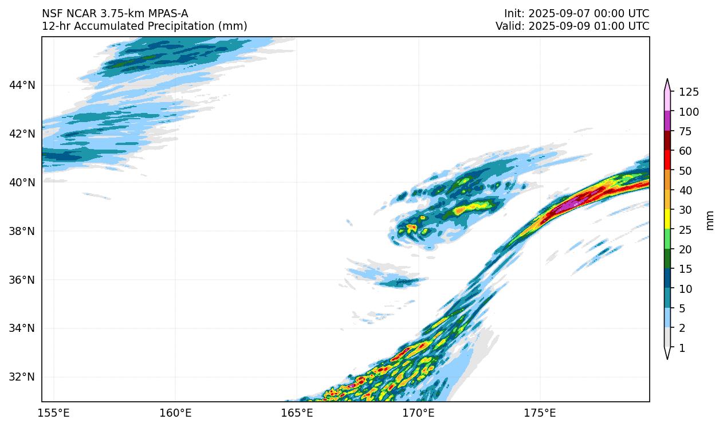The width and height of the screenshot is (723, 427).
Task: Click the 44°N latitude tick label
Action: [22, 85]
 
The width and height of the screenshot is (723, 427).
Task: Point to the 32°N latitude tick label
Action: [22, 377]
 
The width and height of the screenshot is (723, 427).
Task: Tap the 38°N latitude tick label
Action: [22, 231]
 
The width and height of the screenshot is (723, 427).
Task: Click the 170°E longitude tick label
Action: [419, 413]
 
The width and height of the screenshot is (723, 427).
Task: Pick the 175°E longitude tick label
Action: [540, 413]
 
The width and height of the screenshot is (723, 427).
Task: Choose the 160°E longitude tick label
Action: [175, 413]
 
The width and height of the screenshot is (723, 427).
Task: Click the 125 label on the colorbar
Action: [689, 92]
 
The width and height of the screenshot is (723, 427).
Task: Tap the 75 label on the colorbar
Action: [686, 132]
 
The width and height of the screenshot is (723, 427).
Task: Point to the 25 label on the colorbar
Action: [686, 230]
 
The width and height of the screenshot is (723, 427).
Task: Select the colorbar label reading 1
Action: [682, 348]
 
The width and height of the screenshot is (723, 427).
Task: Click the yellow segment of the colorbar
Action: [667, 220]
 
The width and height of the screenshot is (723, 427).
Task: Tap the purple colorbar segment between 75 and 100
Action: [667, 121]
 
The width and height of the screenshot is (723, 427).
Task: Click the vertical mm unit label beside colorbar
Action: [710, 220]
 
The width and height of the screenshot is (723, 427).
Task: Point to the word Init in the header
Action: [514, 13]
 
